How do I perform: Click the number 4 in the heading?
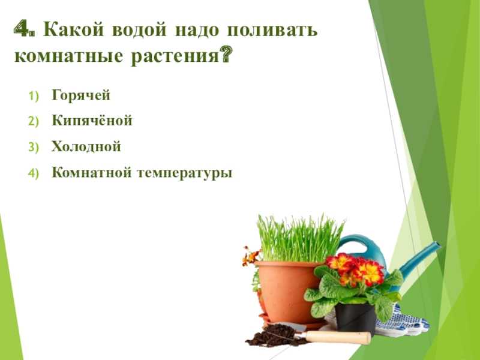click(22, 29)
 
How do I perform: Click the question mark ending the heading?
click(226, 55)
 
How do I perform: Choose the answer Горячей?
click(81, 95)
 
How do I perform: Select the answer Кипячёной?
click(92, 120)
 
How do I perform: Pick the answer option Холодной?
click(86, 146)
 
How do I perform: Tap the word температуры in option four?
click(185, 173)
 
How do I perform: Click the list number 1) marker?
click(34, 96)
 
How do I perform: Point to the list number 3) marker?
click(34, 148)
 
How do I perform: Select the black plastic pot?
click(355, 319)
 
